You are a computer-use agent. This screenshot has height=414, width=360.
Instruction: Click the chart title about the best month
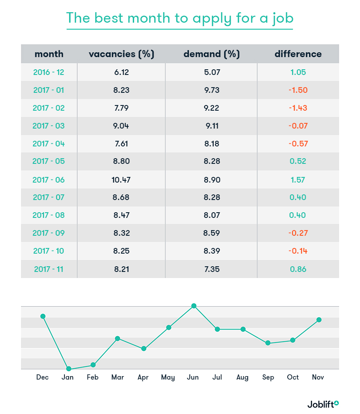180,18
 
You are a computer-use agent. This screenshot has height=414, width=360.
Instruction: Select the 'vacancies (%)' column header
121,54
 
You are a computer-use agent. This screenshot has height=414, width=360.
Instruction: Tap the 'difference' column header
298,54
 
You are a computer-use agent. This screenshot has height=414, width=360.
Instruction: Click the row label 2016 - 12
49,72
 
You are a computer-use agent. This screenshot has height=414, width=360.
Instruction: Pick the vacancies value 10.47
121,180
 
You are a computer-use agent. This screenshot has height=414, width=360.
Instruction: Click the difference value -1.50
298,90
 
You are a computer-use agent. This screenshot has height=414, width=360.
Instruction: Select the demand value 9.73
212,90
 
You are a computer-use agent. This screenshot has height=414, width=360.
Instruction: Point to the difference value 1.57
298,180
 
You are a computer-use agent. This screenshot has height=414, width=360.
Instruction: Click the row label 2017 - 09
49,233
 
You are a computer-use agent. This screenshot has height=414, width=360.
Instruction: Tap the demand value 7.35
212,269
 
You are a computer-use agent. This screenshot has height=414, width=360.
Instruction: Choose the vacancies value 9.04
121,126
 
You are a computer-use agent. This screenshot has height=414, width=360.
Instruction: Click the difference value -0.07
298,126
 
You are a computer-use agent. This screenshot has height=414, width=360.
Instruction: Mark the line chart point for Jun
194,306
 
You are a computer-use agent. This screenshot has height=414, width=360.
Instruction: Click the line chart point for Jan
68,369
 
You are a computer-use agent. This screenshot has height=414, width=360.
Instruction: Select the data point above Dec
43,316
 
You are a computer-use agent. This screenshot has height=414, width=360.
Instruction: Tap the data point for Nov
319,320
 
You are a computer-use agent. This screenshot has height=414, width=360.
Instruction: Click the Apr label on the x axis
143,377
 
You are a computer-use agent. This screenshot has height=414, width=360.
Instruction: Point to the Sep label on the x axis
268,377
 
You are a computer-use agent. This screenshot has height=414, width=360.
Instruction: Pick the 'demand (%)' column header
212,54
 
